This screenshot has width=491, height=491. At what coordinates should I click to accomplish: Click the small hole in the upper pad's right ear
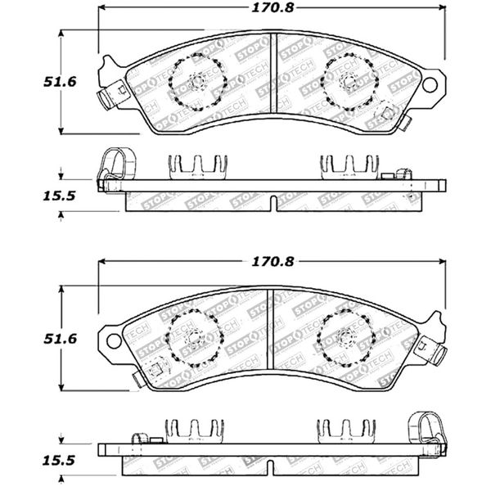tap(429, 82)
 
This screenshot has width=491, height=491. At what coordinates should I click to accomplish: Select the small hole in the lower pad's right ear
tap(429, 337)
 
